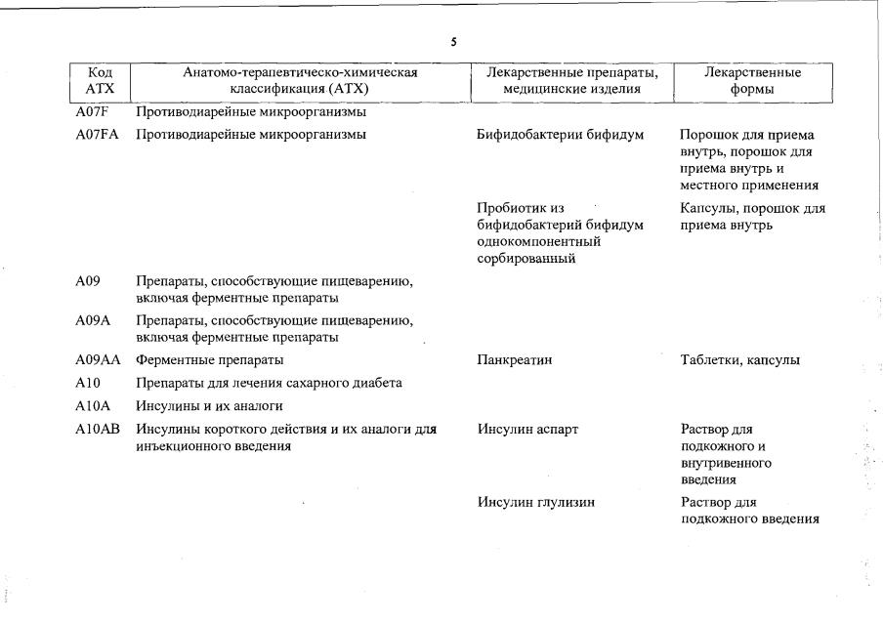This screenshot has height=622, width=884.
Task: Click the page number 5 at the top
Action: click(x=453, y=42)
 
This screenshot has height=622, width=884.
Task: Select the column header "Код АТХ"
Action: click(x=101, y=81)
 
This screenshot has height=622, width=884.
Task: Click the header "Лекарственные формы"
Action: click(x=752, y=81)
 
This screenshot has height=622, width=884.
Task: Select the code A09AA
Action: click(x=98, y=360)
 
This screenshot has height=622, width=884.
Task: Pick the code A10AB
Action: click(x=98, y=429)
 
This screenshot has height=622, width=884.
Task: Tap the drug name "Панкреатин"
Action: click(x=515, y=360)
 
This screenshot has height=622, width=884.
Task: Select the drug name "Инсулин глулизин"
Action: click(x=536, y=503)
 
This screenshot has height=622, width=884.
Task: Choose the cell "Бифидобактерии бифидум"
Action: click(x=560, y=135)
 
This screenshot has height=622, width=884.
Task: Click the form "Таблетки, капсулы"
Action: click(x=739, y=360)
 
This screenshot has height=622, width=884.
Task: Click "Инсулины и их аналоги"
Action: click(x=209, y=405)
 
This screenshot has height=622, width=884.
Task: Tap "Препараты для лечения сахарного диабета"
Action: click(x=269, y=383)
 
